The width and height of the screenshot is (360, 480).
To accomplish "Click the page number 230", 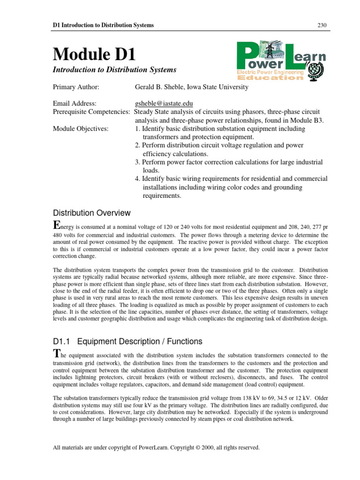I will click(x=322, y=25).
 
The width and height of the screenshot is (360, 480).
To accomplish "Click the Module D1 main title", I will click(x=94, y=54).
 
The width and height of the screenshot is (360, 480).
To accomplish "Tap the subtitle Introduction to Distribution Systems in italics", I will click(x=114, y=70).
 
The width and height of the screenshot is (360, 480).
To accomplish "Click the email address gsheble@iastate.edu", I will click(x=164, y=103).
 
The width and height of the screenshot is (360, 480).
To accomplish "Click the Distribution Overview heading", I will click(x=91, y=213).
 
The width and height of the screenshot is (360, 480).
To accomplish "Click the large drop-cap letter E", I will click(x=57, y=224).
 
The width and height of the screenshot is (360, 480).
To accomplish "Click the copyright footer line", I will click(x=156, y=448).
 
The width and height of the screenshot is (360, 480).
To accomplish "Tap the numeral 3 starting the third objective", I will click(x=136, y=162).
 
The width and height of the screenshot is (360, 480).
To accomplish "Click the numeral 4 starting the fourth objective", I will click(x=136, y=179).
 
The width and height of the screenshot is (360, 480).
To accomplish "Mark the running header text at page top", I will click(x=103, y=25).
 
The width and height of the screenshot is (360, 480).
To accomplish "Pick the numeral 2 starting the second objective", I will click(x=136, y=145).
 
